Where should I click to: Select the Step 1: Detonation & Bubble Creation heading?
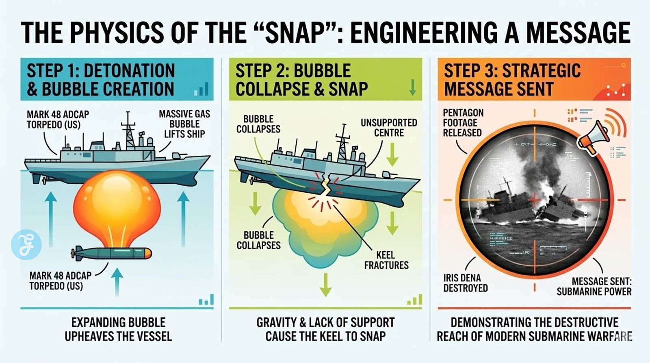[x=101, y=80]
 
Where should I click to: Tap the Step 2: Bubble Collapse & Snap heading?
[x=301, y=80]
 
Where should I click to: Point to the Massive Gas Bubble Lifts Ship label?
[x=184, y=124]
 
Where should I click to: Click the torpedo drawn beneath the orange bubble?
[x=112, y=253]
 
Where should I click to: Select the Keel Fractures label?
[x=386, y=260]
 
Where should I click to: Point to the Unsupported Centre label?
[x=389, y=128]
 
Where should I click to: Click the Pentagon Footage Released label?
[x=463, y=123]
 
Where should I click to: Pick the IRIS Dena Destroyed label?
[x=465, y=283]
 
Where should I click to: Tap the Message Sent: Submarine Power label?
[x=594, y=286]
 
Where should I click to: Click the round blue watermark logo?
[x=26, y=245]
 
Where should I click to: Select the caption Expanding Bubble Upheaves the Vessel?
[x=118, y=329]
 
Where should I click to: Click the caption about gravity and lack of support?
[x=325, y=329]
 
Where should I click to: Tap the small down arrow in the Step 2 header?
[x=412, y=87]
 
